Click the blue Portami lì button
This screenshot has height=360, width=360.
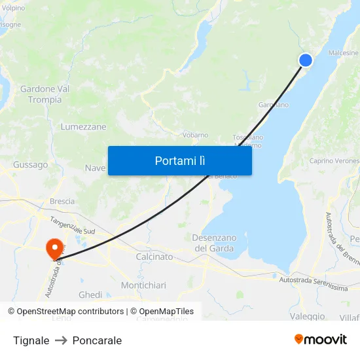pos(179,160)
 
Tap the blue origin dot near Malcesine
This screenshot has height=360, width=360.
pos(305,60)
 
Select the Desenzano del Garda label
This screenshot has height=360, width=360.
pos(214,242)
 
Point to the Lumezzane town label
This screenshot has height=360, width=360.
pos(83,127)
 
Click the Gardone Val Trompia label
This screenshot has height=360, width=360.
pos(45,94)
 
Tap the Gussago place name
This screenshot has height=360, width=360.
pos(30,165)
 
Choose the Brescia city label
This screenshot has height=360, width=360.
pos(62,202)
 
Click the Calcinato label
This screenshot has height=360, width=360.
pos(154,257)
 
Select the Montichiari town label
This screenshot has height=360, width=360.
pos(143,285)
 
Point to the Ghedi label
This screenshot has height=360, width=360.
pos(90,295)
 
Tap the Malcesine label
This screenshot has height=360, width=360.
pos(343,53)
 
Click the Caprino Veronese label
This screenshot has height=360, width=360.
pos(334,161)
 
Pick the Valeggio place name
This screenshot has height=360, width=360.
pos(307,316)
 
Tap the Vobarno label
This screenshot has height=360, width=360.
pos(195,135)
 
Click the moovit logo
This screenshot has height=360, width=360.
pos(321,339)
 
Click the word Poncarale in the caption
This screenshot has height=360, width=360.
pos(97,340)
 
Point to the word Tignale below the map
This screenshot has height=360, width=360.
pos(31,340)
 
